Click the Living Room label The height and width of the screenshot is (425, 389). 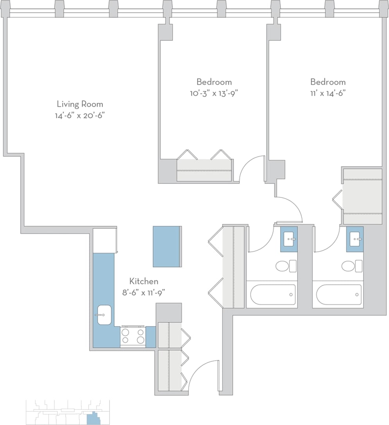click(80, 104)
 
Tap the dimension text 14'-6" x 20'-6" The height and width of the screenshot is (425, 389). click(80, 116)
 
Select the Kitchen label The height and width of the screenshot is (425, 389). click(144, 281)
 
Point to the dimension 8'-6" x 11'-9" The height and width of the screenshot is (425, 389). click(144, 292)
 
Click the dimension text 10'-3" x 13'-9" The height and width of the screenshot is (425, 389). click(214, 93)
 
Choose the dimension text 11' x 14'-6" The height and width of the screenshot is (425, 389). click(328, 93)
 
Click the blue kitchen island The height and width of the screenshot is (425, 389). click(167, 247)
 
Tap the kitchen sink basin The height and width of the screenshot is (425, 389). click(104, 315)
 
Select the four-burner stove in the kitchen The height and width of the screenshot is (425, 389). click(133, 336)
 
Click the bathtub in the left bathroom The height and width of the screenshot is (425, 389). click(273, 294)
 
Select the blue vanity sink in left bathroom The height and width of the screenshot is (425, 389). click(289, 239)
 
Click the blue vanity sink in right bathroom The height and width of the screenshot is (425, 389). click(355, 239)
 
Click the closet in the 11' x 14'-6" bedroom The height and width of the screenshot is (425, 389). click(362, 196)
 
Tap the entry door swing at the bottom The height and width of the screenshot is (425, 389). click(203, 376)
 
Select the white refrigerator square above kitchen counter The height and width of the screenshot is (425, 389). click(104, 240)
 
